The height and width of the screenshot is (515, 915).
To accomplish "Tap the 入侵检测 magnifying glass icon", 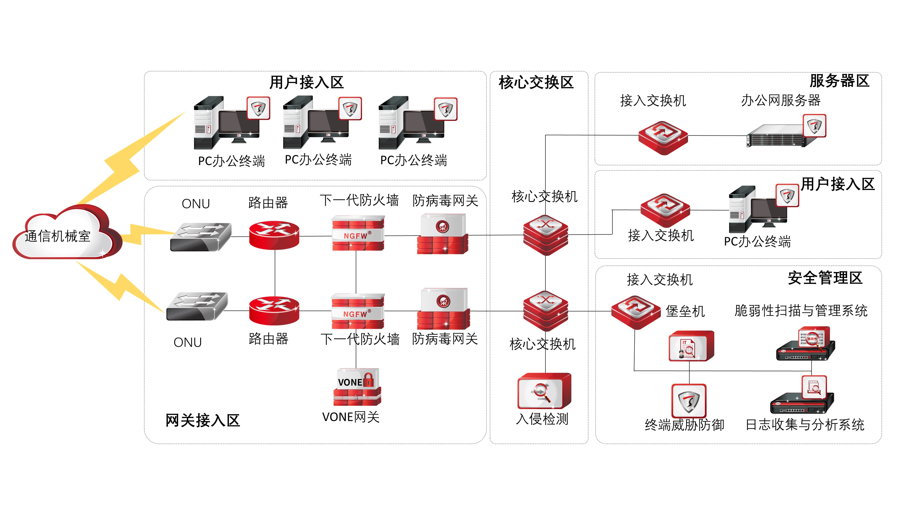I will coord(544,391).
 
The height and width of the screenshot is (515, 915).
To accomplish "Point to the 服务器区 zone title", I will coord(839,81).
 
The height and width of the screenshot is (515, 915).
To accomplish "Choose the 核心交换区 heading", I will coord(536,82).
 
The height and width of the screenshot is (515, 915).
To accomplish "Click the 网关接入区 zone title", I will coord(203,420).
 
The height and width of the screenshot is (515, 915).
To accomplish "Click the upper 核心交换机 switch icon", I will coord(545,235).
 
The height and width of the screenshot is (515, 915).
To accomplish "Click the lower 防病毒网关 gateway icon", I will coord(443,309).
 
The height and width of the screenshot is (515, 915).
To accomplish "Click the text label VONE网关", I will coord(351,417).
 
